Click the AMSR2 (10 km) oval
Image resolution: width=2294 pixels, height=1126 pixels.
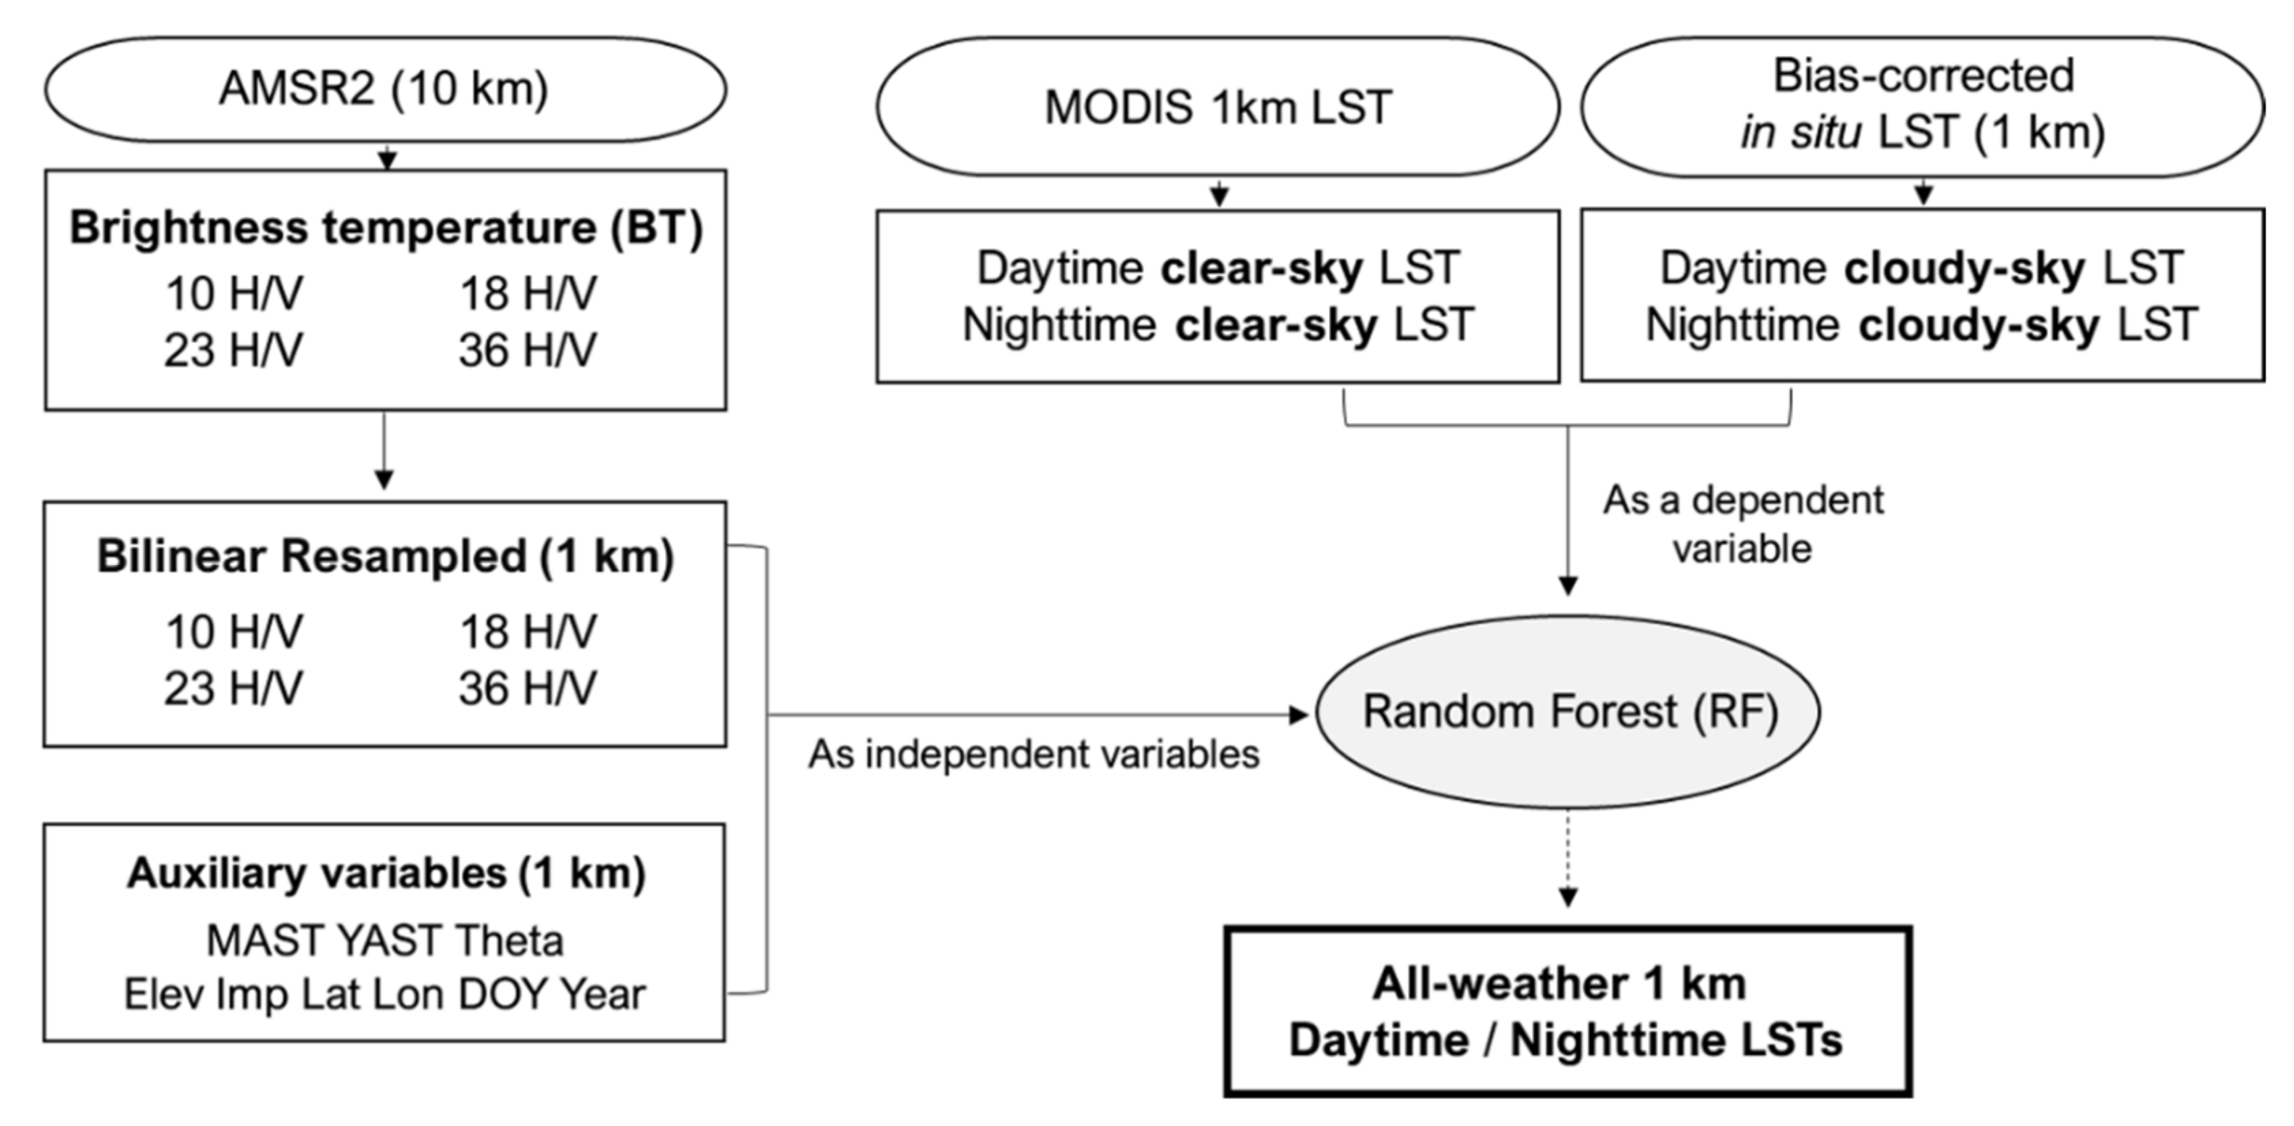pos(385,89)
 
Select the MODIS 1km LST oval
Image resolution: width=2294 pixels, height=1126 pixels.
pos(1217,107)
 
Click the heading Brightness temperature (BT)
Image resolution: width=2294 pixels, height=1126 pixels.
pos(386,227)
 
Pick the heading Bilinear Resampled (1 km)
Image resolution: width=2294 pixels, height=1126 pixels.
pos(385,556)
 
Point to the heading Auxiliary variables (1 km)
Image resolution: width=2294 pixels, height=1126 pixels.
pos(386,873)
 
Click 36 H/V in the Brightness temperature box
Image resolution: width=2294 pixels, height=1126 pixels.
pos(527,350)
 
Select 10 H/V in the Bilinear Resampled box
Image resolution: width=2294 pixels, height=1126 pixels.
pos(233,632)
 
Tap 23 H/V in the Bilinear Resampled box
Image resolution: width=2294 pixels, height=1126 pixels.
pos(233,689)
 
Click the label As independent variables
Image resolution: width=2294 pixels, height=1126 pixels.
pos(1033,755)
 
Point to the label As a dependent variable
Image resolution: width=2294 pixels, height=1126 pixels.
pos(1743,524)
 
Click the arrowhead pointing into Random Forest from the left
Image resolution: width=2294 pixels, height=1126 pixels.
pos(1299,715)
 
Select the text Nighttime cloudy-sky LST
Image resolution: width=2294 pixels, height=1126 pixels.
pos(1922,324)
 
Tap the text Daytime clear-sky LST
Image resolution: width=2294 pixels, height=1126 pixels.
pos(1217,267)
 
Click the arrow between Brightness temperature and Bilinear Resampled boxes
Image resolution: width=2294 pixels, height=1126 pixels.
pos(384,450)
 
